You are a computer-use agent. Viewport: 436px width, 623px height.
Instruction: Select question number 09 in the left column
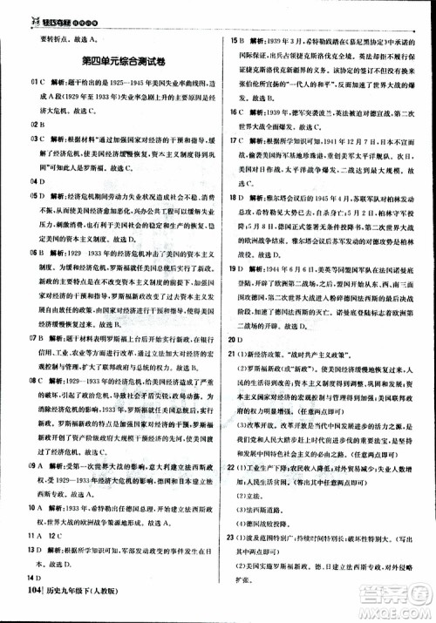(10, 468)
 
